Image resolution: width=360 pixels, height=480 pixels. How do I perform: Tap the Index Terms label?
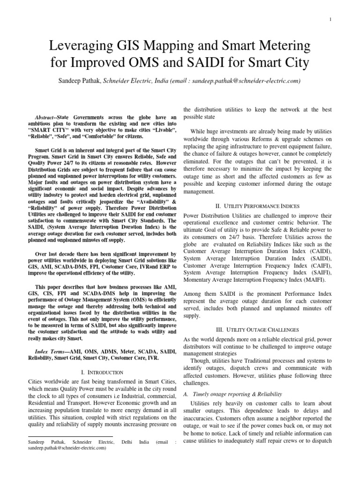click(x=51, y=351)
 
